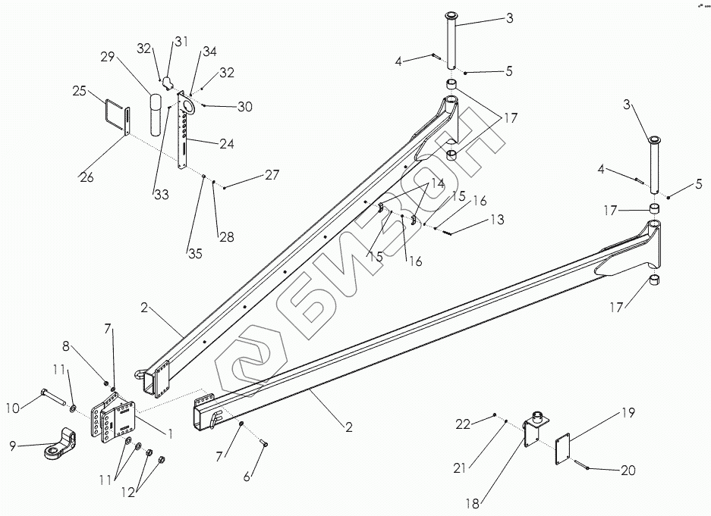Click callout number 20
point(628,471)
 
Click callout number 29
point(108,58)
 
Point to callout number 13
point(496,220)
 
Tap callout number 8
point(65,347)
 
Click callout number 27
point(272,175)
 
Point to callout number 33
point(162,195)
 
